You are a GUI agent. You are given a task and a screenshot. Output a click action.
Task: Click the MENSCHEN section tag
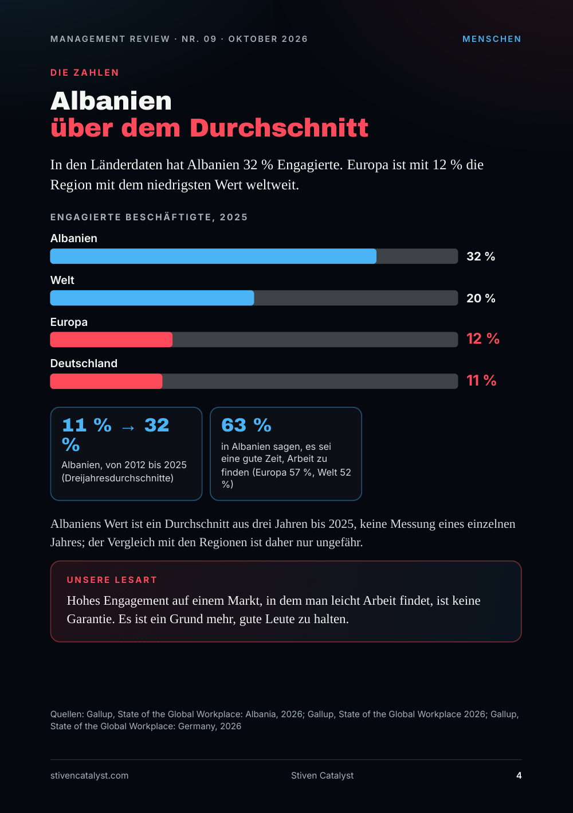coord(492,39)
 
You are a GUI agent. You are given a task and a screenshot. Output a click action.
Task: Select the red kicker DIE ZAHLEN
coord(85,73)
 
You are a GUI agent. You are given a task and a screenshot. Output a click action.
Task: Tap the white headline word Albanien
coord(111,101)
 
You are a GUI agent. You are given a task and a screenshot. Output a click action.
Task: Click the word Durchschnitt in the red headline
coord(278,128)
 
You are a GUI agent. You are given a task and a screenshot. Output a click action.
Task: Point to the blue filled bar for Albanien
coord(213,256)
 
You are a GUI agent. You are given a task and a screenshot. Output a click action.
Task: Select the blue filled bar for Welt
coord(152,298)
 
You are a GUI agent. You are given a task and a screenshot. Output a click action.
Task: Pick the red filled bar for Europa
coord(111,339)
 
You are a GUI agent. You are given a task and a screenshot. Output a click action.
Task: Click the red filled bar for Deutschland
coord(106,381)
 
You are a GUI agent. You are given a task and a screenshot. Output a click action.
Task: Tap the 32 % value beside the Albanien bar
coord(481,256)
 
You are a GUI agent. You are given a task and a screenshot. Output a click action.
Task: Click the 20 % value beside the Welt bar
coord(481,298)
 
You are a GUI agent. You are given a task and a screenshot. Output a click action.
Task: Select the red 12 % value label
coord(483,339)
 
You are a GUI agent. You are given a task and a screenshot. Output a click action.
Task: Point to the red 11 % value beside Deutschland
coord(481,380)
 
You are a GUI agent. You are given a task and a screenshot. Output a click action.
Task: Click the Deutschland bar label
coord(84,363)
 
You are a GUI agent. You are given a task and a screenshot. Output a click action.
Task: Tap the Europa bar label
coord(69,322)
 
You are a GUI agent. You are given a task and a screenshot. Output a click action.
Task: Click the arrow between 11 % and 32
coord(128,428)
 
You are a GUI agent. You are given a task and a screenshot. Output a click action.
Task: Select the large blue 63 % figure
coord(246,425)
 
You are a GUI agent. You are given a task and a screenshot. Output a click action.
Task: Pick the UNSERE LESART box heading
coord(112,579)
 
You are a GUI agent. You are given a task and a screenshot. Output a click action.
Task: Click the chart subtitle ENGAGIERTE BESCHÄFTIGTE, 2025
coord(149,217)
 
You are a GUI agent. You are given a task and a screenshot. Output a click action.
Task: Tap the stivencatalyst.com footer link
coord(89,775)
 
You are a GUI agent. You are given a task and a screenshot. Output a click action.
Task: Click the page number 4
coord(519,775)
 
